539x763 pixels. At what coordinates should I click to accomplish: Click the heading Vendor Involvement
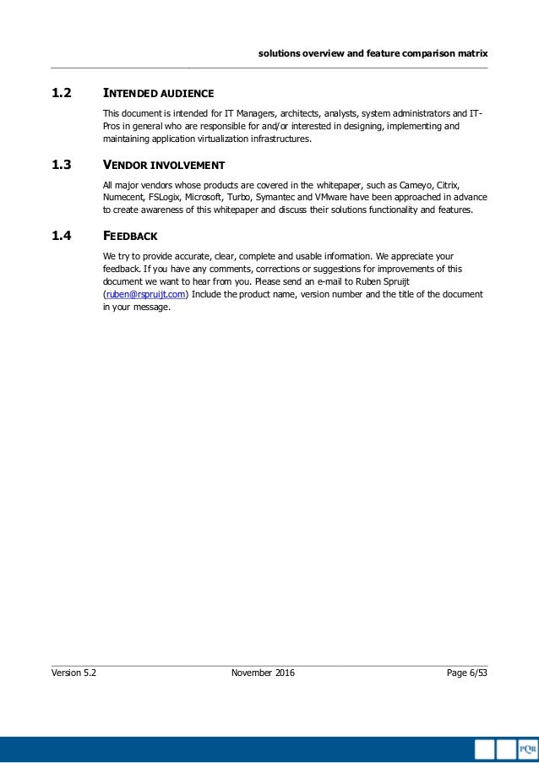164,165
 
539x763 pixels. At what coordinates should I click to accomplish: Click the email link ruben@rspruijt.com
144,294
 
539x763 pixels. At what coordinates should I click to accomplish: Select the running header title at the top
373,52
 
